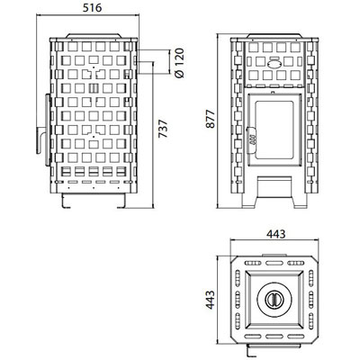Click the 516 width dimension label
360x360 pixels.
click(92, 8)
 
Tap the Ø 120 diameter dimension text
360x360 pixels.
click(180, 63)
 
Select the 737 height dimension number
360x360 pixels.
click(163, 129)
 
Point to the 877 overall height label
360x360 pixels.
click(211, 119)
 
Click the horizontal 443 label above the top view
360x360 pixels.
click(275, 234)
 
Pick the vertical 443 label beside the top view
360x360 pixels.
click(210, 300)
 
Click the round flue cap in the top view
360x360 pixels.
click(274, 299)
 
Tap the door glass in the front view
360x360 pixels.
click(274, 130)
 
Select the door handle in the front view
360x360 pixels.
click(252, 136)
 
